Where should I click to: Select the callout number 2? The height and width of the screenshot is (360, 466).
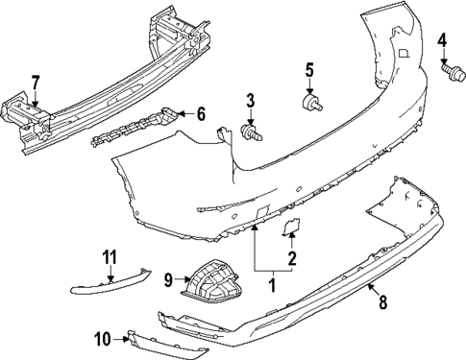292,256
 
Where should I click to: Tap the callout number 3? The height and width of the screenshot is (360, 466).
250,100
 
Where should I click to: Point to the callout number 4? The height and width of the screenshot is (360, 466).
443,40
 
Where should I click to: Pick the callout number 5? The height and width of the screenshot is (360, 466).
310,69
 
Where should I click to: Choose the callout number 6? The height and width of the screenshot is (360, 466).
201,113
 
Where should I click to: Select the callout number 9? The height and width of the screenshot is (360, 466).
167,280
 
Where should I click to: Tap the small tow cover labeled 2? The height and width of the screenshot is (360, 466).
289,228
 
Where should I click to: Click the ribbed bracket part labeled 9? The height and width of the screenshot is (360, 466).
213,284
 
